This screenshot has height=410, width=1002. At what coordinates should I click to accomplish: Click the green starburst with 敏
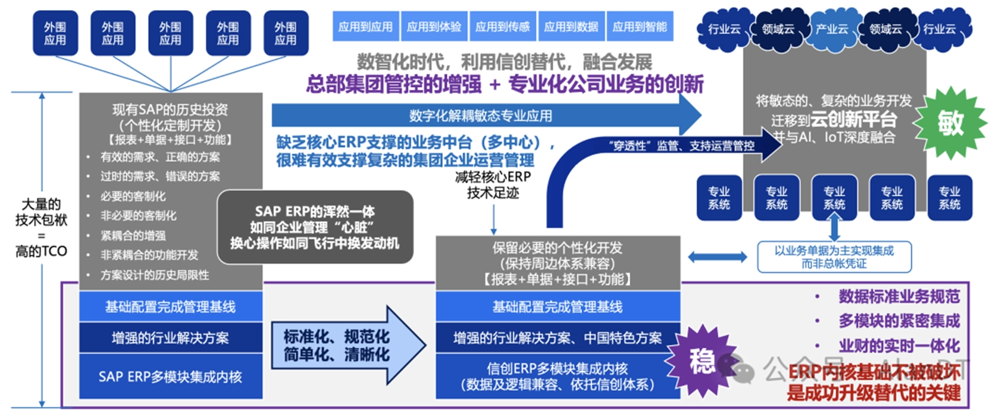(x=950, y=123)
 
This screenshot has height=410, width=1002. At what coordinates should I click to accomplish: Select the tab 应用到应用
(x=365, y=27)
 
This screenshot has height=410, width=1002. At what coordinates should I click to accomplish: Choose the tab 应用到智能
(x=640, y=27)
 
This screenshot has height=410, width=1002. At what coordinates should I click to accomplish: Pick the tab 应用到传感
(x=502, y=27)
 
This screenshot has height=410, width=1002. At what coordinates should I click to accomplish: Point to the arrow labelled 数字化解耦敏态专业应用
(x=481, y=115)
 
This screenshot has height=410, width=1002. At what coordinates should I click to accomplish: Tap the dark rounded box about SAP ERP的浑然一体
(x=315, y=227)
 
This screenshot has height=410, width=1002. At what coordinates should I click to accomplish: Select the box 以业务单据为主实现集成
(x=834, y=257)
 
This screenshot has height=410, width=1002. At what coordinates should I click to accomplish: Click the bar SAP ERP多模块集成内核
(x=170, y=377)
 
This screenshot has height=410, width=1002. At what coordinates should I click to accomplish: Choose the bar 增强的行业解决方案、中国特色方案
(x=557, y=338)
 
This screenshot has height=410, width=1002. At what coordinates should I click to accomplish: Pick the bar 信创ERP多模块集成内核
(x=557, y=376)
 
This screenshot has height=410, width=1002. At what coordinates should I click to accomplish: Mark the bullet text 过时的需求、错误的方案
(x=160, y=177)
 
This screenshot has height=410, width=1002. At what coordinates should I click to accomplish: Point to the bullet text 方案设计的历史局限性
(x=155, y=275)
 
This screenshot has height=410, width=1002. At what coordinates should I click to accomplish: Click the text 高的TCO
(x=41, y=251)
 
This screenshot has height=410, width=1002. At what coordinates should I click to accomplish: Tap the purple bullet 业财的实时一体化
(x=898, y=346)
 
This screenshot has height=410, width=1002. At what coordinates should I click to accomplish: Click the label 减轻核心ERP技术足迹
(x=493, y=185)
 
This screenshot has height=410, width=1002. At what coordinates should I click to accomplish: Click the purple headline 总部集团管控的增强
(x=393, y=84)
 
